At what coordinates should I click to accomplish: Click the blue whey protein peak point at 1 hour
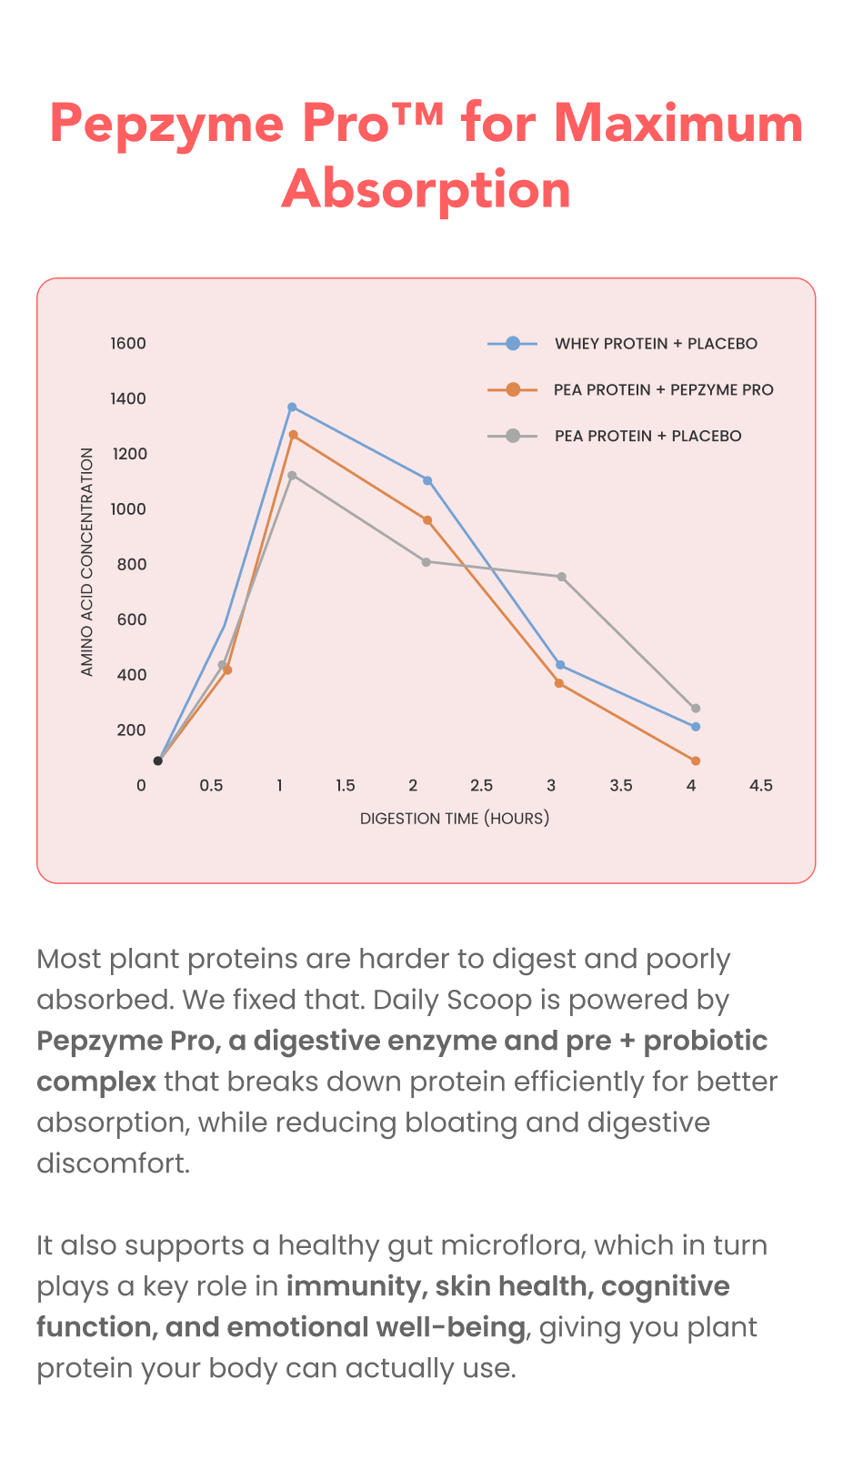click(292, 407)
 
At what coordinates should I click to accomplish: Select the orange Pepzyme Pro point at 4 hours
click(695, 761)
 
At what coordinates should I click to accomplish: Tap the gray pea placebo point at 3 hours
click(562, 577)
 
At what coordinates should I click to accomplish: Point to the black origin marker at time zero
click(158, 761)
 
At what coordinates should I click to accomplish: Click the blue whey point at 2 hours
click(427, 480)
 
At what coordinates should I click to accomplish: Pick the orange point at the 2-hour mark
click(427, 520)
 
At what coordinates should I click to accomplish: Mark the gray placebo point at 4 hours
click(695, 709)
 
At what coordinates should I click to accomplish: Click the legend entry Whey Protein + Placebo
click(622, 344)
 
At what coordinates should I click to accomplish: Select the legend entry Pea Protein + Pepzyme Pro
click(630, 390)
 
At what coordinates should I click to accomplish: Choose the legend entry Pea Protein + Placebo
click(615, 436)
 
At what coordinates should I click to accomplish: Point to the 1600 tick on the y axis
click(128, 344)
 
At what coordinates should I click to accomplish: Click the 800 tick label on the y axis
click(132, 564)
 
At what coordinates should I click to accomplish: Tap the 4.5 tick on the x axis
click(760, 786)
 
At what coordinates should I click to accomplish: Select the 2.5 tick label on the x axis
click(482, 786)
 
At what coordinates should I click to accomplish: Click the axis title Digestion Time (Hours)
click(455, 819)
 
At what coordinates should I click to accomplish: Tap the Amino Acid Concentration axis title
click(86, 561)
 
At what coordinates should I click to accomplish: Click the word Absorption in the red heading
click(426, 189)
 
